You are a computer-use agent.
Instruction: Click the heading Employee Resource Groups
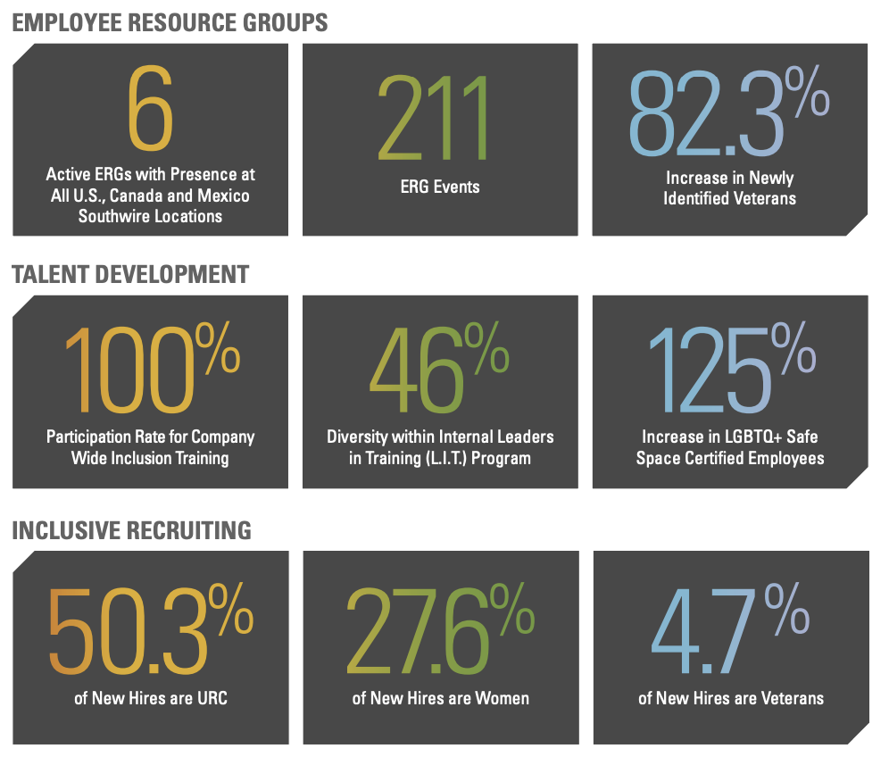pos(170,21)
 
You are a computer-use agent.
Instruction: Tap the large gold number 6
pos(150,109)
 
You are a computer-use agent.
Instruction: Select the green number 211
pos(434,116)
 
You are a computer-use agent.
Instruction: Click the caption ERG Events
pos(440,187)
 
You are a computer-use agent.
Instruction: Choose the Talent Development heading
pos(130,274)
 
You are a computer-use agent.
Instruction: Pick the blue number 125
pos(707,371)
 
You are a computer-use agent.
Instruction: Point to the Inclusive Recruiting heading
pos(131,530)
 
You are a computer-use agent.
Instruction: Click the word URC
pos(211,697)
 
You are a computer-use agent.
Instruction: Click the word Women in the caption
pos(503,697)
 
